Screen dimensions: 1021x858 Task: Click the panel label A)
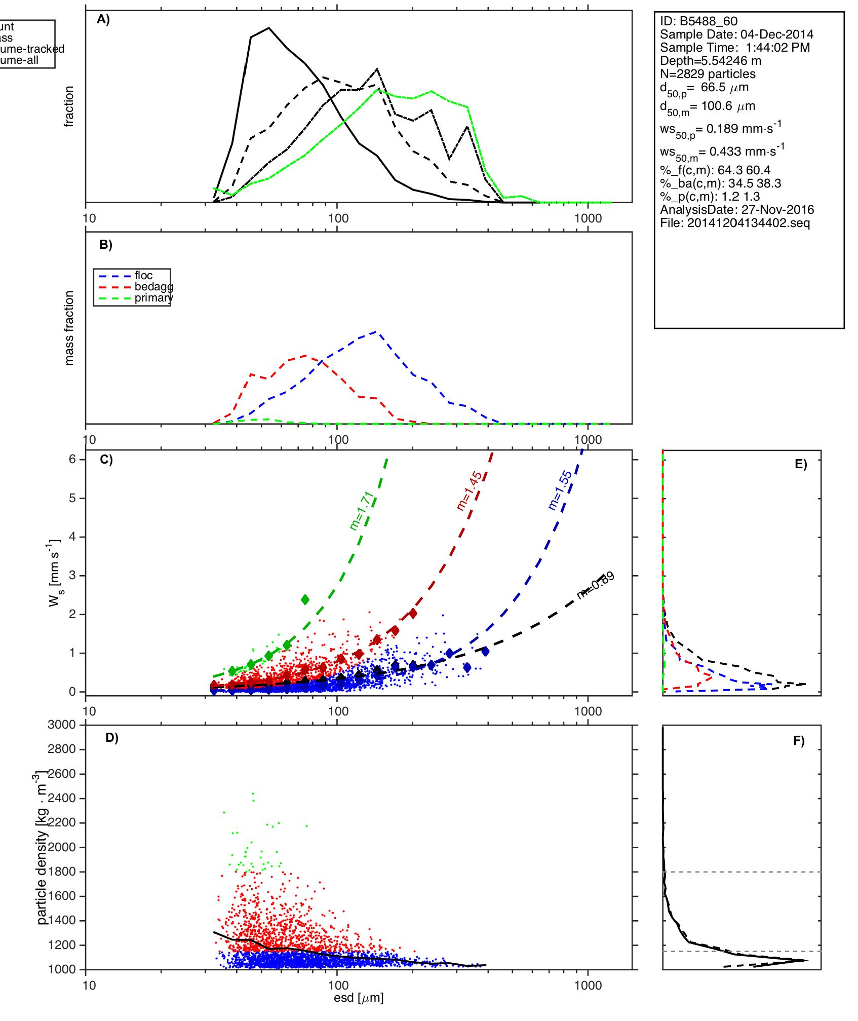pos(103,19)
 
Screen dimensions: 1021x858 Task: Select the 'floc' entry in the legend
pos(143,276)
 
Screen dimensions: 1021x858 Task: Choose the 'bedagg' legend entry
pos(153,287)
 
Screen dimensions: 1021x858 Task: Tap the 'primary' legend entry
pos(153,298)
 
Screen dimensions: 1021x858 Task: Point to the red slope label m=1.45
pos(470,490)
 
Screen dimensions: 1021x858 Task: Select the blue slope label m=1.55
pos(560,490)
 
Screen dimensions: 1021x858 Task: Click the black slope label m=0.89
pos(596,585)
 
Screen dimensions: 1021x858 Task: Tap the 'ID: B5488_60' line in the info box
pos(698,21)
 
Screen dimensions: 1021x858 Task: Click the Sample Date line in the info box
pos(736,34)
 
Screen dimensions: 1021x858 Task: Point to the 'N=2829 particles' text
pos(708,74)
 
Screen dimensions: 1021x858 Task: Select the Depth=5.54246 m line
pos(710,61)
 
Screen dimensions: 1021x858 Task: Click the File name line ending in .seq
pos(734,223)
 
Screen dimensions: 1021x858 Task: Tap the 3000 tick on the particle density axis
pos(61,725)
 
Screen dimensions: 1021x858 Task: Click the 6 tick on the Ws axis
pos(72,459)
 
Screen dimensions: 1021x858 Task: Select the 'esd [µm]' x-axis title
pos(359,998)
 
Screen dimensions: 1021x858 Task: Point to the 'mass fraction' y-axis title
pos(69,328)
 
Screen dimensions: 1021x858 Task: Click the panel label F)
pos(799,741)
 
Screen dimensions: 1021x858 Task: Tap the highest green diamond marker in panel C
pos(305,599)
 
